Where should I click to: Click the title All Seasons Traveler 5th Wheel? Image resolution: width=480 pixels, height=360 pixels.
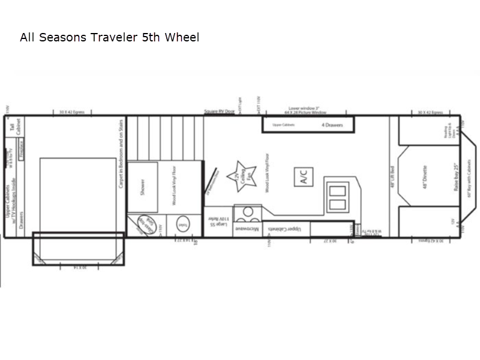tap(109, 38)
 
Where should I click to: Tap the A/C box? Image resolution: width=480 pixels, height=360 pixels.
tap(302, 177)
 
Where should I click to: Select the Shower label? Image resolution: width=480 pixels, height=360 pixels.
tap(143, 187)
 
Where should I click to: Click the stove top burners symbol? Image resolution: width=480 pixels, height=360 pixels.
tap(246, 214)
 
